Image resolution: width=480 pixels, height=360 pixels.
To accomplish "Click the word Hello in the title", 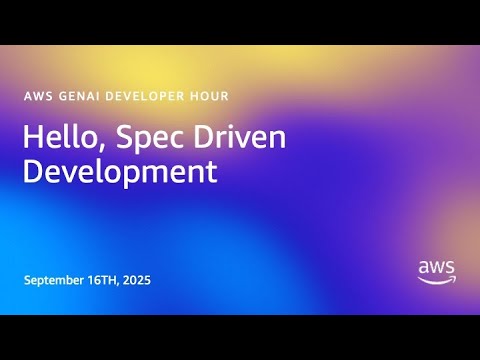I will pos(56,138).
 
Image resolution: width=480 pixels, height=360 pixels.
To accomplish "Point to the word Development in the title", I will pos(120,171).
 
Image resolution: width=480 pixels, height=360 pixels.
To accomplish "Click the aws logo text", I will pos(436,267).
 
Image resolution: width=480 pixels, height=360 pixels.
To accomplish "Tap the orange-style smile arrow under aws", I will pos(436,280).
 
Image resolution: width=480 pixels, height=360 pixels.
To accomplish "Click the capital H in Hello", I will pos(32,138).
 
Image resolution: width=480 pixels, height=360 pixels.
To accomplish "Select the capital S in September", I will pos(28,280).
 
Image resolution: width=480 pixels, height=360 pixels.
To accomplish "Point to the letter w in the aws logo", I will pos(437,267).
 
